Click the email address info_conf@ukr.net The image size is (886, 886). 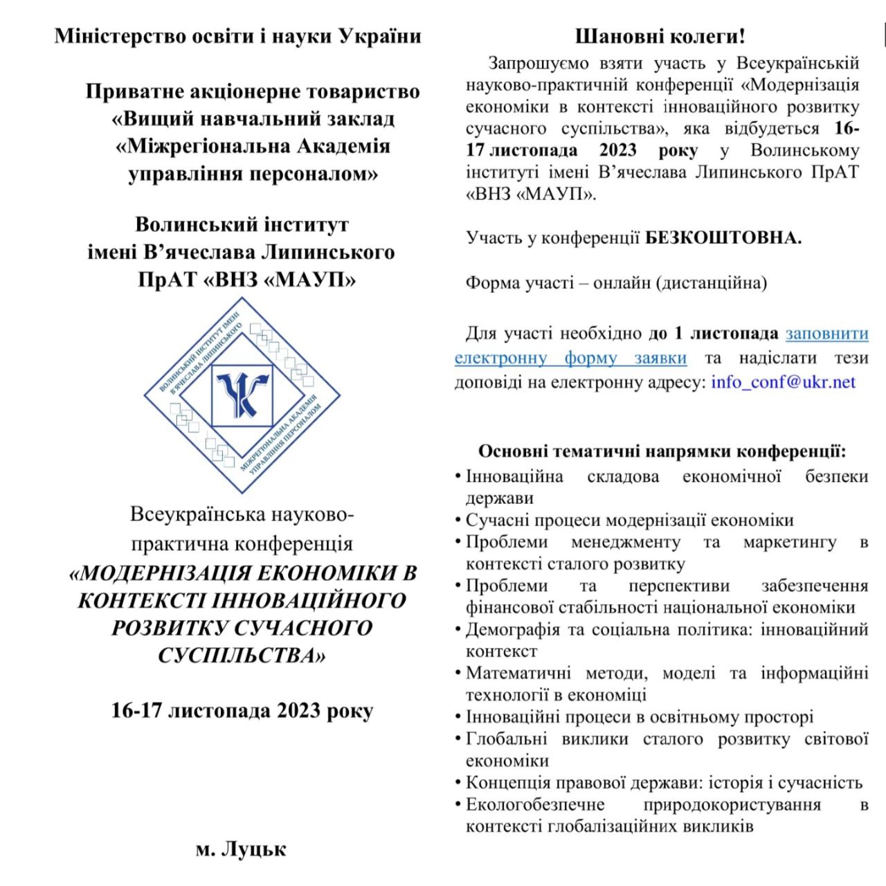pyautogui.click(x=783, y=381)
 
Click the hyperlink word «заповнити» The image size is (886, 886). pyautogui.click(x=826, y=333)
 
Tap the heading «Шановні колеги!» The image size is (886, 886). pyautogui.click(x=660, y=36)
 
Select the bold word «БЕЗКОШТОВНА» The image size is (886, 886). pyautogui.click(x=723, y=238)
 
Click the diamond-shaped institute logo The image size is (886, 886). pyautogui.click(x=243, y=395)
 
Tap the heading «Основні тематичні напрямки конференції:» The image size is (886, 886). pyautogui.click(x=662, y=452)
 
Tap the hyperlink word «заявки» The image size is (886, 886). pyautogui.click(x=660, y=358)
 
